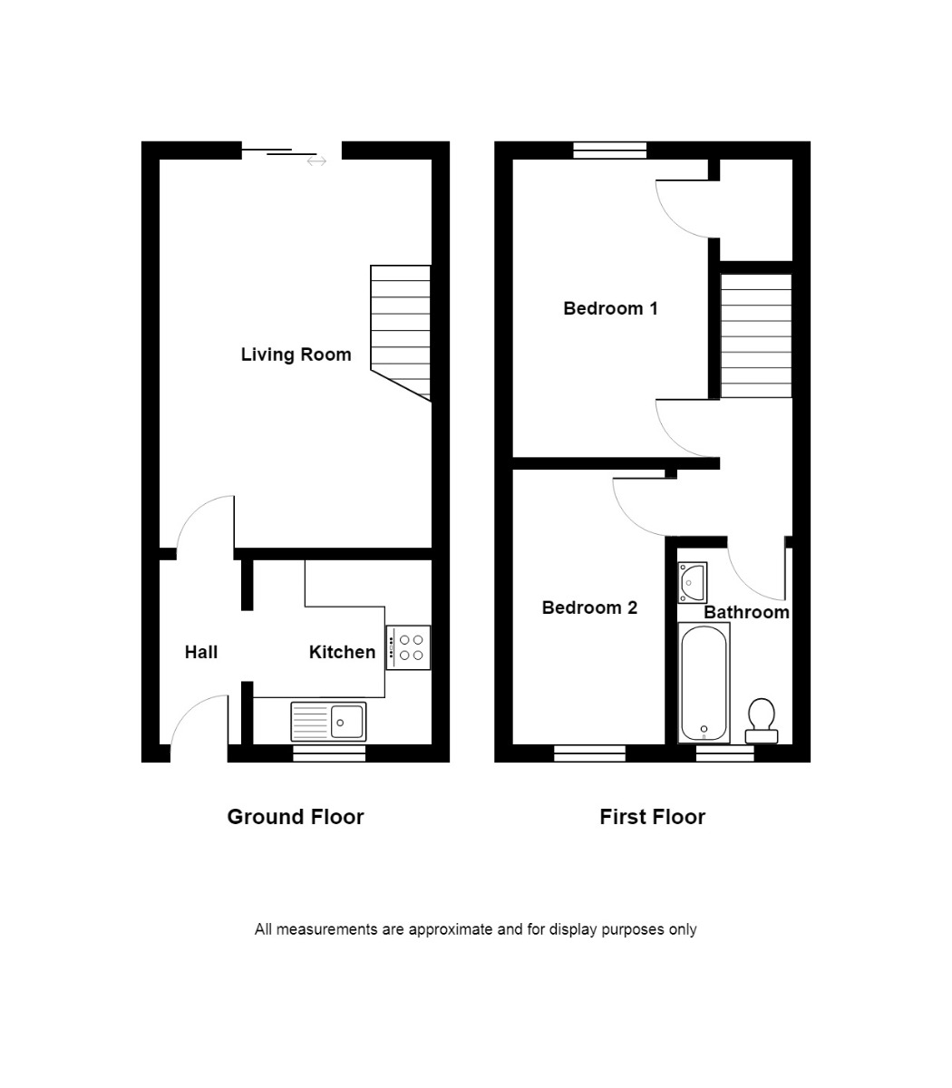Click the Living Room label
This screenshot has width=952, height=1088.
[x=296, y=355]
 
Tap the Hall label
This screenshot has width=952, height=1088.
[x=200, y=652]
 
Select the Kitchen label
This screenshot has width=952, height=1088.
[x=342, y=652]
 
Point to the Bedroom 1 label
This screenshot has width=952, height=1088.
[x=610, y=308]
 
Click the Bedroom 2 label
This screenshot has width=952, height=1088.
[x=589, y=607]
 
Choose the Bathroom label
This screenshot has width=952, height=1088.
[x=746, y=612]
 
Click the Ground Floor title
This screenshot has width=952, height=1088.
[x=295, y=817]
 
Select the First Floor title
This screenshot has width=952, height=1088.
[x=652, y=817]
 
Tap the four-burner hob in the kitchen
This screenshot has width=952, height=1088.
[x=408, y=647]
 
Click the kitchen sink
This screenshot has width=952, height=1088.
[x=328, y=722]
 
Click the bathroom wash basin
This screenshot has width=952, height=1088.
[x=693, y=581]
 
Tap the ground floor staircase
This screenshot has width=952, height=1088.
[x=400, y=331]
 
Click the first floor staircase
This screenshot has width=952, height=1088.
[x=756, y=336]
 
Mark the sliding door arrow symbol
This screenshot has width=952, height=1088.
[x=316, y=161]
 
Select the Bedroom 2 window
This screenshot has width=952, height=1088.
[x=589, y=753]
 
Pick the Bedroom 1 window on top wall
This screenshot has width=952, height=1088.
[x=610, y=151]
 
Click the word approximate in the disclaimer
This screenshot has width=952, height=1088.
[x=450, y=929]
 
